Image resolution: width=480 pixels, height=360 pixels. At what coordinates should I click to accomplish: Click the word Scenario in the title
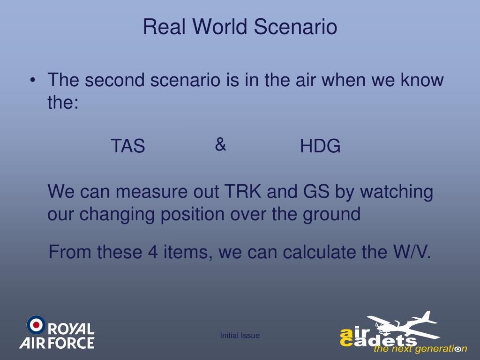point(295,27)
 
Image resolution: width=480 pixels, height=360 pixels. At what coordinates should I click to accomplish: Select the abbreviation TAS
point(127,146)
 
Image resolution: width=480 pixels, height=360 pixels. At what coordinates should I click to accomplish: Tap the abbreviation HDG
point(320,146)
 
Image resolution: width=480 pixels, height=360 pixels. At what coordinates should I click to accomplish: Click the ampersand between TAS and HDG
point(220,144)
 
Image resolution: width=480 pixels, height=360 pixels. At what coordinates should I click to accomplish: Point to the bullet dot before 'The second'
point(33,81)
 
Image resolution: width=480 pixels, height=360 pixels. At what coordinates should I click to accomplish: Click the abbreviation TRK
point(243,191)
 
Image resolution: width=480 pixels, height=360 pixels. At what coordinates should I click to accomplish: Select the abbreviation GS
point(316,191)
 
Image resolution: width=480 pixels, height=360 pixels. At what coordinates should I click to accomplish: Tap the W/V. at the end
point(412,252)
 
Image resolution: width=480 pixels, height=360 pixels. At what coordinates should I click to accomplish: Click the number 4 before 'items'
point(153,252)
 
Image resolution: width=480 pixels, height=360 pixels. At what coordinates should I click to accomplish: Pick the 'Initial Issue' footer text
point(240,336)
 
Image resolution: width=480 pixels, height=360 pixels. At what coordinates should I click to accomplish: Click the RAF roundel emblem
point(36,325)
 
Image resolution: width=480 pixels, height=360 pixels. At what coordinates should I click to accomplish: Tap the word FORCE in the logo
point(72,343)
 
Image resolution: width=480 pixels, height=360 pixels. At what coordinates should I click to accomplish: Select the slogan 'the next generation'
point(420,349)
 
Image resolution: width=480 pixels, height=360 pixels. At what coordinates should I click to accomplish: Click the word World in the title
point(220,27)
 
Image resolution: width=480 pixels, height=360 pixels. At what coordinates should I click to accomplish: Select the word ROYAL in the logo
point(71,329)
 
